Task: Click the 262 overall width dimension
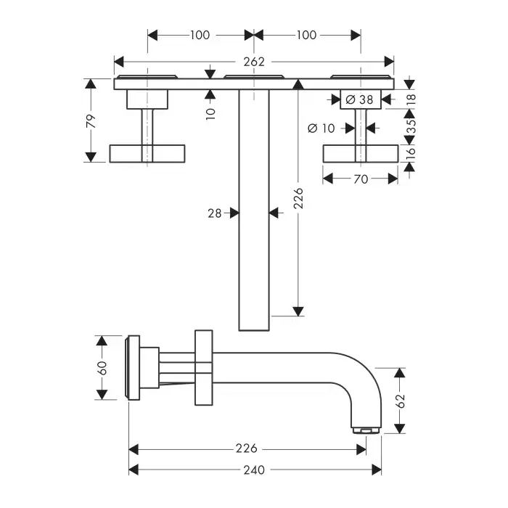point(255,62)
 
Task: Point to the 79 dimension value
point(91,121)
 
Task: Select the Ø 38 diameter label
point(361,100)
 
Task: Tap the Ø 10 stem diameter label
point(321,128)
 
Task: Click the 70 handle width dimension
point(361,179)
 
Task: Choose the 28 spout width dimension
point(215,213)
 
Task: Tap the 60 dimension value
point(102,368)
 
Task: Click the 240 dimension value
point(253,470)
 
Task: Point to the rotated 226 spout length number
point(298,197)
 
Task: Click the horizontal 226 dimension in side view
point(246,449)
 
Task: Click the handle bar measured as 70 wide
point(361,153)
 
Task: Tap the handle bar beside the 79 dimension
point(147,153)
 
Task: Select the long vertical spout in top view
point(254,210)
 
